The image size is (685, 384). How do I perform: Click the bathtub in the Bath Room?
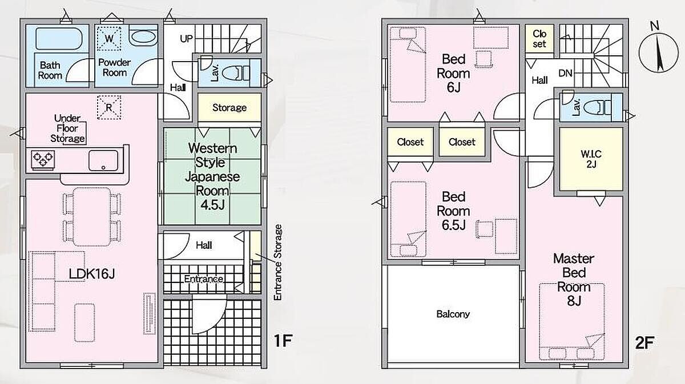59,39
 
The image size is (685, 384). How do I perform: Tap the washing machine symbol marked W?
109,39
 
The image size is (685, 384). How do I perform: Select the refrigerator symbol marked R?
109,108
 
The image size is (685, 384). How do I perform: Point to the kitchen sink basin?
103,160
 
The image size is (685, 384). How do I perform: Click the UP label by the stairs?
186,39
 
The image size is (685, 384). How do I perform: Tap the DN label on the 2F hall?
565,73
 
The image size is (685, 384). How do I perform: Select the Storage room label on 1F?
229,108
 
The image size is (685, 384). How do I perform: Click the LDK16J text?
92,274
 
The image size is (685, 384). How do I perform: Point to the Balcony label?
453,314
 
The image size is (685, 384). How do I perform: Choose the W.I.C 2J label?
591,159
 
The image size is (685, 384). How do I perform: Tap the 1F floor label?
283,341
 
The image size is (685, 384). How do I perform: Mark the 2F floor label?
644,343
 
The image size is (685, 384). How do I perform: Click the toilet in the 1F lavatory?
235,74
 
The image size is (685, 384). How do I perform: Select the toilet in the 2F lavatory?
597,108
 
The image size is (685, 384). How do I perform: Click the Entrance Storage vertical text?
277,262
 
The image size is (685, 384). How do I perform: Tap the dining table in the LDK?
92,217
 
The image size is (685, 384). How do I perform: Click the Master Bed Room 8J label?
574,280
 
